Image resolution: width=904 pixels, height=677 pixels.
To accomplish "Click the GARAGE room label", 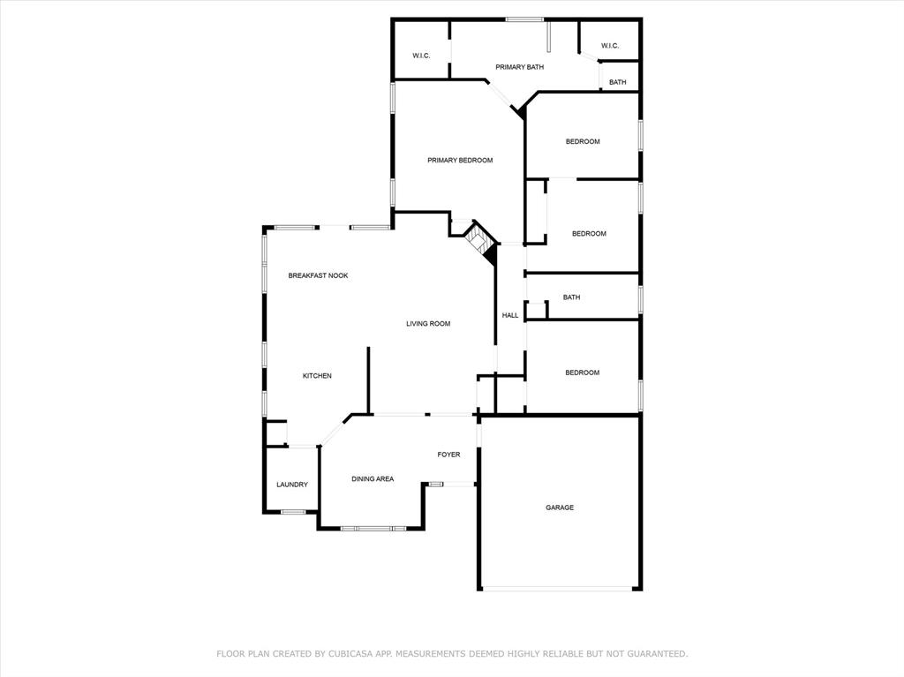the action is pos(559,508).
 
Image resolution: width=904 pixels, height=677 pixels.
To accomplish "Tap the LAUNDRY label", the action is pos(291,485).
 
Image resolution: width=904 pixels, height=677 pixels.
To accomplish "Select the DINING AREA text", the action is pos(373,478).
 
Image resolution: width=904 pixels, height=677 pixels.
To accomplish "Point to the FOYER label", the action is pos(448,455).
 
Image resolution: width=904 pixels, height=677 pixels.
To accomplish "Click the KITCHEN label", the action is pos(317,375).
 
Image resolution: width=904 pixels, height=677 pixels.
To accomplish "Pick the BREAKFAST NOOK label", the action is pos(318,275).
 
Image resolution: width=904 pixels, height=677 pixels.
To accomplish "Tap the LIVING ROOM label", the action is pos(428,324).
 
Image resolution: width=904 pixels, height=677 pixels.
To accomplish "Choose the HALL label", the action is pos(510,315).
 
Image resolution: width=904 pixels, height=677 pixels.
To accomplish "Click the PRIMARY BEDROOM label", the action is pos(460,161).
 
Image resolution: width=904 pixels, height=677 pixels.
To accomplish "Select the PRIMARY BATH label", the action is pos(519,67).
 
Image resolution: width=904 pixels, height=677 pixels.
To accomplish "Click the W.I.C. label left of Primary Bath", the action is pos(421,56).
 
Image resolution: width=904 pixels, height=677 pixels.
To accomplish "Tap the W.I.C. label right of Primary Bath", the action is pos(610,46).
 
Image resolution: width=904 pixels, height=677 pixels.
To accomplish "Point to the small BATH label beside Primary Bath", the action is pos(617,82).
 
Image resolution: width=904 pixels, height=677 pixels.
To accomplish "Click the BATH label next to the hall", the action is pos(571,297).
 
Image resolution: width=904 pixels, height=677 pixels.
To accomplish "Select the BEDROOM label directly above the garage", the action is pos(583,372).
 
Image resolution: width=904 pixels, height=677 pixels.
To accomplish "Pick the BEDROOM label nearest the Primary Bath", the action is pos(583,141).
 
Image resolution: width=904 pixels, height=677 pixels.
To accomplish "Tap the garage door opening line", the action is pos(557,589).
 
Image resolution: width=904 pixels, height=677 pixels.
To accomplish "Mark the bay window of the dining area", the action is pos(373,528).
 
